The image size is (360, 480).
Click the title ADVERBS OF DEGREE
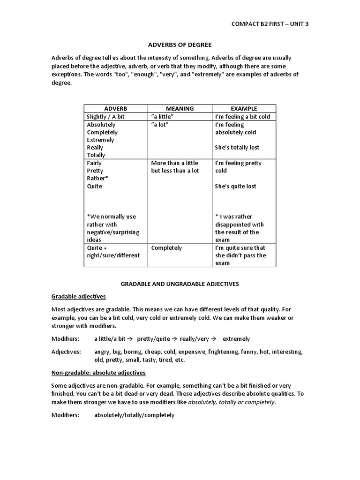pyautogui.click(x=180, y=45)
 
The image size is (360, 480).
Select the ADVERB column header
pyautogui.click(x=115, y=108)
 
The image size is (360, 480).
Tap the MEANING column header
pyautogui.click(x=180, y=108)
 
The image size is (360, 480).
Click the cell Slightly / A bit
pyautogui.click(x=106, y=117)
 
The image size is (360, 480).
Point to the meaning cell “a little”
pyautogui.click(x=163, y=117)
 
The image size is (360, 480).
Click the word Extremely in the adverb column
pyautogui.click(x=100, y=140)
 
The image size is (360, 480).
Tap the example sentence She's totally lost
pyautogui.click(x=237, y=148)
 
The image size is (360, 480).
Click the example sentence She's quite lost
pyautogui.click(x=236, y=186)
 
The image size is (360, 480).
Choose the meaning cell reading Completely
pyautogui.click(x=166, y=247)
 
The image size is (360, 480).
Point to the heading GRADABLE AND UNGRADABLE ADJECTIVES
pyautogui.click(x=180, y=284)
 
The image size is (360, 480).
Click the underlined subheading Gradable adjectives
pyautogui.click(x=78, y=297)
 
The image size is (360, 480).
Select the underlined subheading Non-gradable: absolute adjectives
pyautogui.click(x=98, y=373)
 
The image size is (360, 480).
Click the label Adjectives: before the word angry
pyautogui.click(x=66, y=352)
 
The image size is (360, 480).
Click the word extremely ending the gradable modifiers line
pyautogui.click(x=236, y=338)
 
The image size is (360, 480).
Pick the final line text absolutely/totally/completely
pyautogui.click(x=134, y=415)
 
